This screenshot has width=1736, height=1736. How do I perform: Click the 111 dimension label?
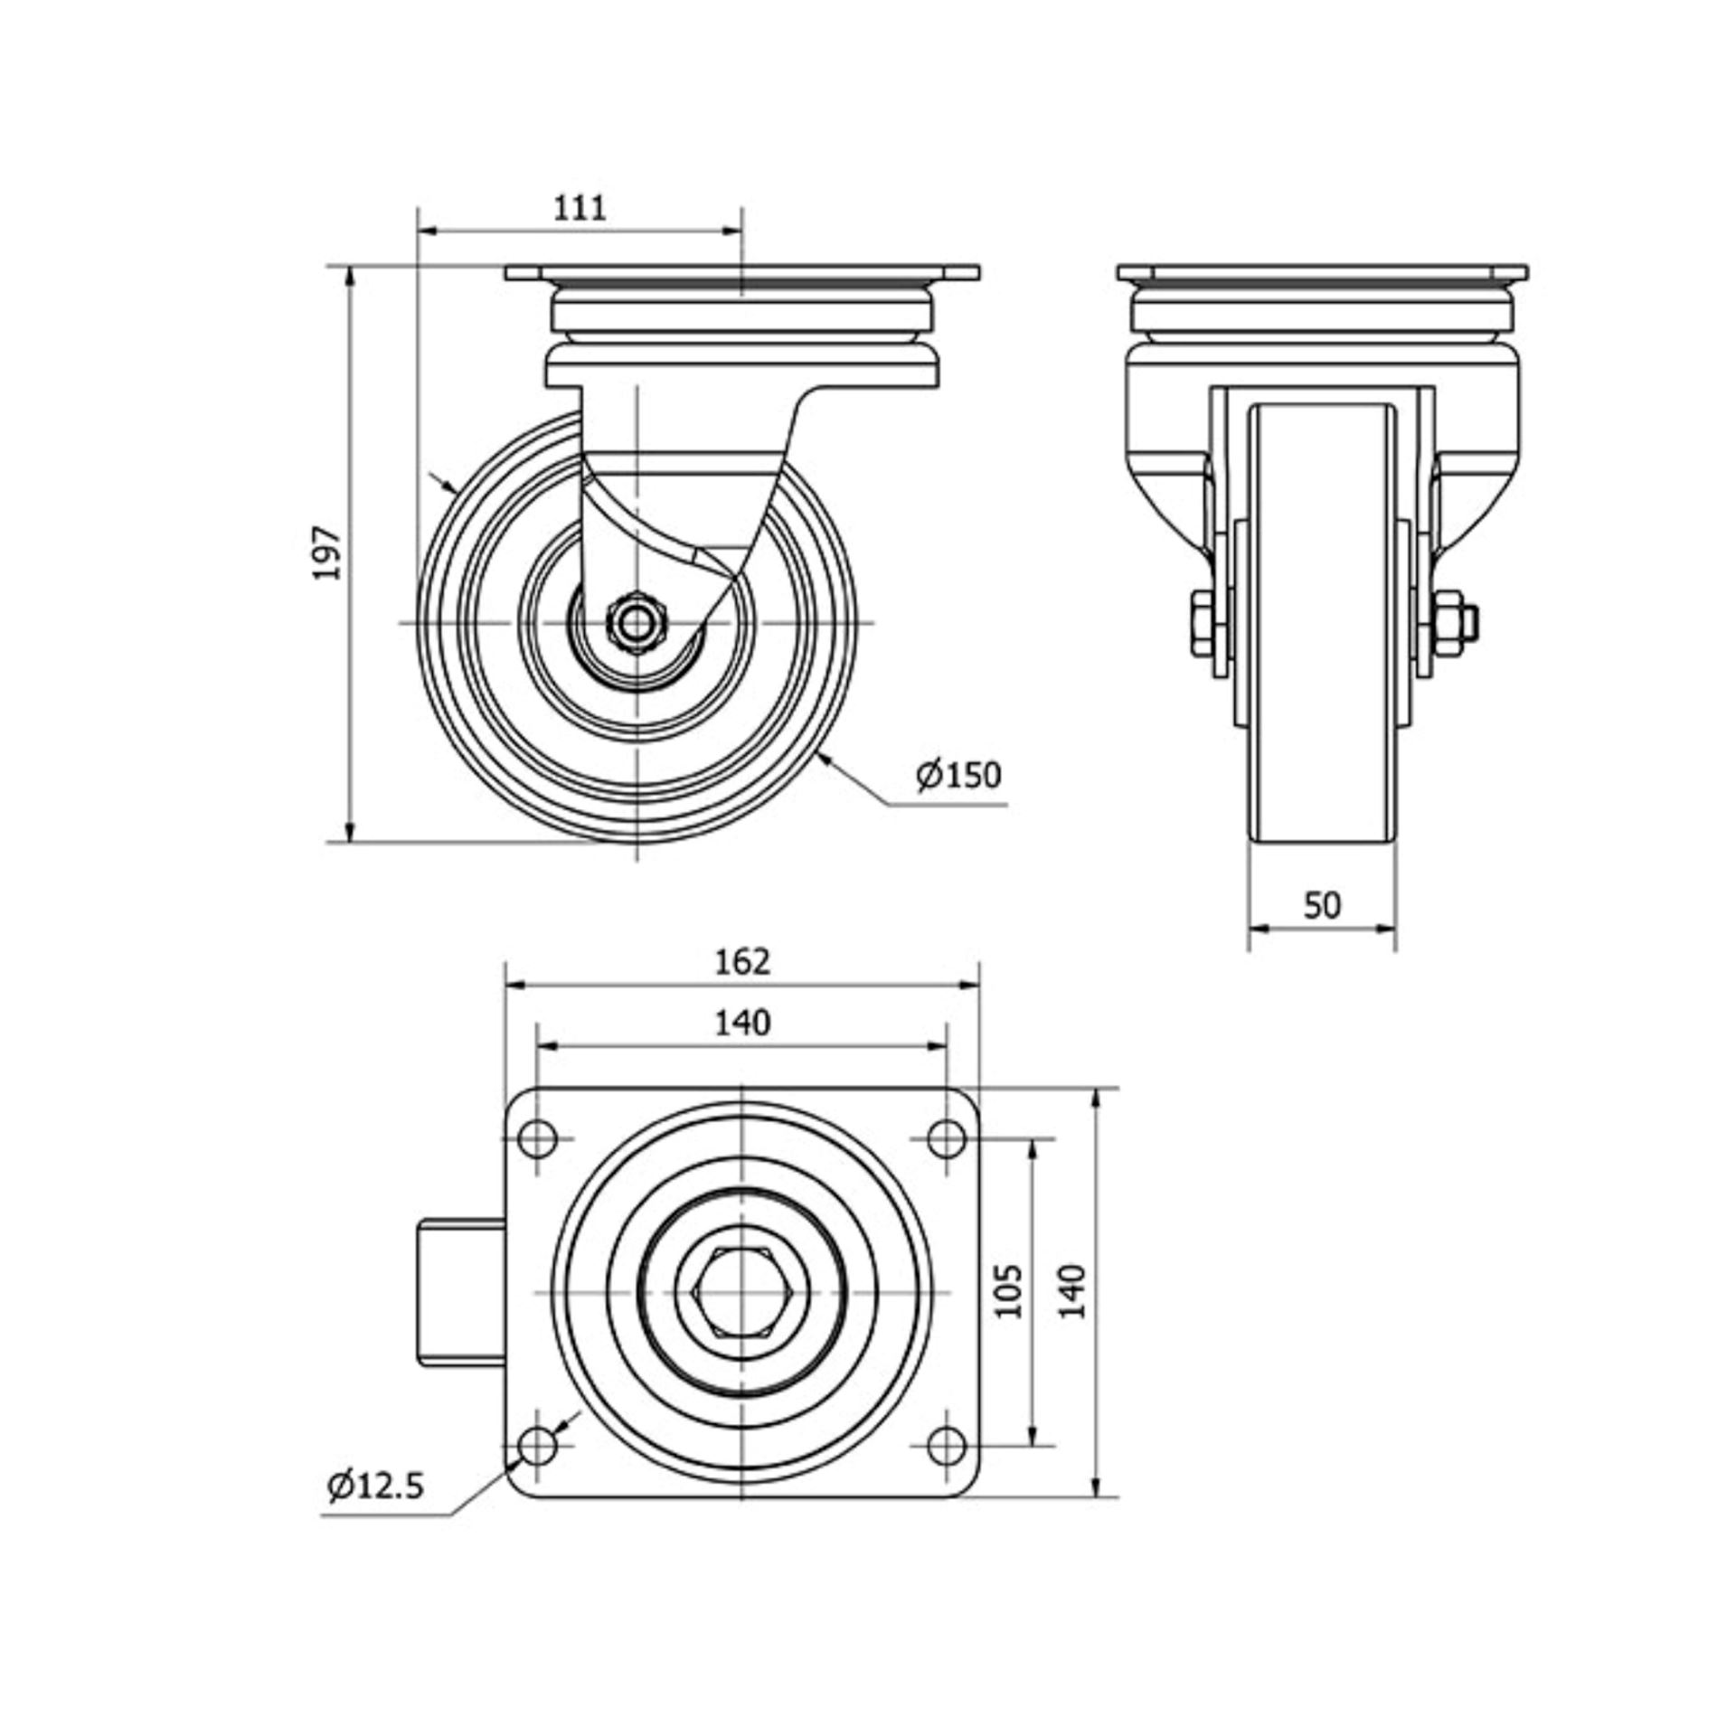(x=579, y=208)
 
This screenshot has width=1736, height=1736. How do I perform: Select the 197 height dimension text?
(x=328, y=552)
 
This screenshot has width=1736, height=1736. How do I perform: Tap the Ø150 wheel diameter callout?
(x=958, y=775)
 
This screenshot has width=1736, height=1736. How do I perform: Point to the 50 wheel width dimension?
(x=1322, y=905)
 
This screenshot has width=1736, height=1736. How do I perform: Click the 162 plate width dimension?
(x=742, y=961)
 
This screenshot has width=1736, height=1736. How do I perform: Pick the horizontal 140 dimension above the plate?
(x=742, y=1023)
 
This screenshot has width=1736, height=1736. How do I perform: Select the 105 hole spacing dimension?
(x=1011, y=1290)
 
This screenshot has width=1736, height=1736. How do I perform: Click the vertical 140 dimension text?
(x=1072, y=1290)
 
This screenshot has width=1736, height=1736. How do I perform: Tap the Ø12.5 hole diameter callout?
(x=376, y=1485)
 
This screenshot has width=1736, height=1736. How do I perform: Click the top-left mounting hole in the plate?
(x=539, y=1137)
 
